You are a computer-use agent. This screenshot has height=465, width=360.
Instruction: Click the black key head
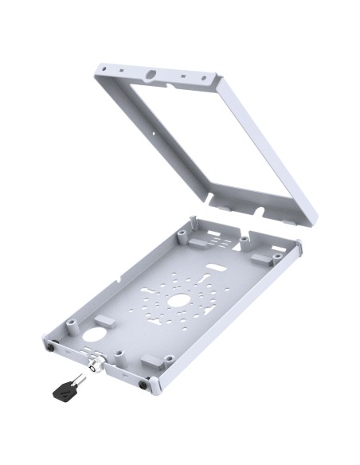click(65, 390)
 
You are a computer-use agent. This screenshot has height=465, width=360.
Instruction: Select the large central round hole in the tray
click(179, 300)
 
